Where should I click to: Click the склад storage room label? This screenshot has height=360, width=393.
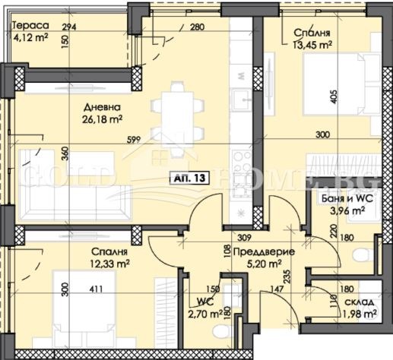click(x=355, y=302)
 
